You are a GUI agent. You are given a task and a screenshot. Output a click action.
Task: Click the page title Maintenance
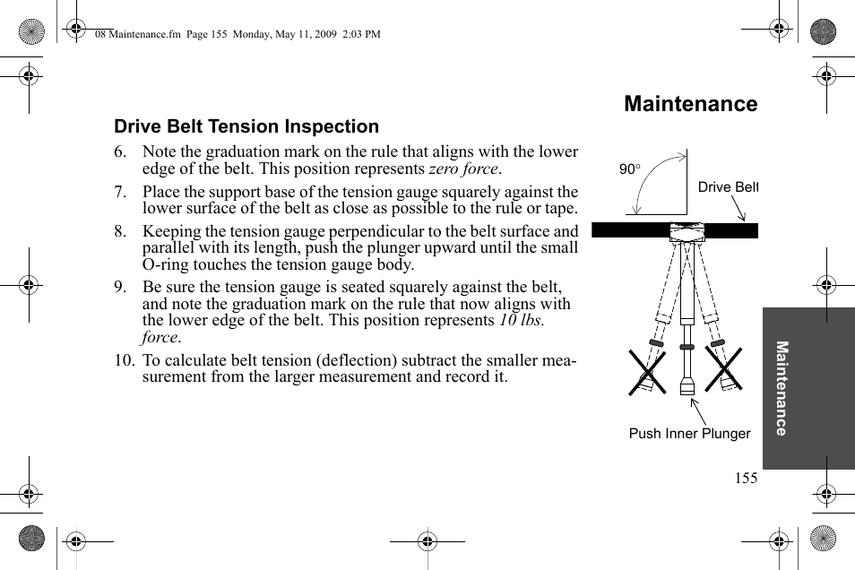click(x=690, y=104)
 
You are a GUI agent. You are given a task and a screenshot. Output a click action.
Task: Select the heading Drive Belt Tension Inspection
click(x=246, y=126)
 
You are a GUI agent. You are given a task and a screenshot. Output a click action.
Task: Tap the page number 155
click(x=746, y=478)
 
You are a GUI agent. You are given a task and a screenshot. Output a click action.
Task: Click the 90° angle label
click(x=630, y=168)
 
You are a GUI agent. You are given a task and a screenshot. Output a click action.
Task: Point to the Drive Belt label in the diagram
click(x=728, y=187)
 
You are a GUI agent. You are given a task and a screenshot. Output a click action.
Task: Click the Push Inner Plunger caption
click(x=689, y=434)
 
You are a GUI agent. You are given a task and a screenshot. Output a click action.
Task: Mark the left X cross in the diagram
click(x=647, y=369)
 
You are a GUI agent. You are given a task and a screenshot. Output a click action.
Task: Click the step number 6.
click(x=120, y=152)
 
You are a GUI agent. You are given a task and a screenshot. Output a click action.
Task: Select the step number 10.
click(x=123, y=360)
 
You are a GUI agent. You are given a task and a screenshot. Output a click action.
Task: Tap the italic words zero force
click(x=464, y=168)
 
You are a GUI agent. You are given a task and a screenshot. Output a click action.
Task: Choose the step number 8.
click(x=120, y=231)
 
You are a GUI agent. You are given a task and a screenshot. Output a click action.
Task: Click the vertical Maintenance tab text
click(x=782, y=388)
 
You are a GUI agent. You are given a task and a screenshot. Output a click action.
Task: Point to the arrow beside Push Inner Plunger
click(x=698, y=411)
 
